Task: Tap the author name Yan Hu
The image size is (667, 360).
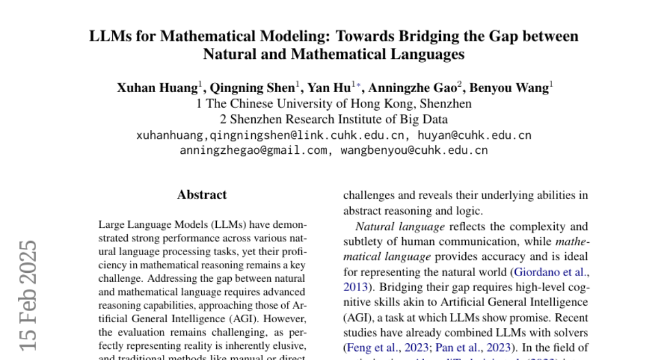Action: coord(329,88)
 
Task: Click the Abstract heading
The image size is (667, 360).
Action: coord(202,195)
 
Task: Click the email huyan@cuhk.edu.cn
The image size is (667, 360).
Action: coord(474,135)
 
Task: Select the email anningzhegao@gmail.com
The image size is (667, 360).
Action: coord(253,150)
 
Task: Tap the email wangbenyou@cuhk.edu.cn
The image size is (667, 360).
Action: coord(414,150)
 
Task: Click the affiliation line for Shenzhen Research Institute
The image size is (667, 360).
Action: coord(333,119)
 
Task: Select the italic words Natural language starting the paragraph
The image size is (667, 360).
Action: coord(400,227)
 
